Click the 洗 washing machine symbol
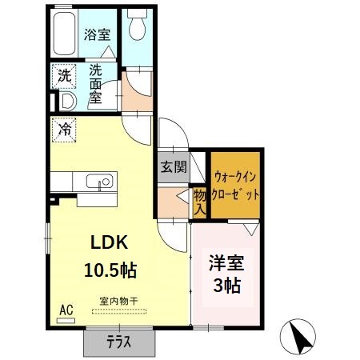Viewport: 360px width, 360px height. pyautogui.click(x=64, y=77)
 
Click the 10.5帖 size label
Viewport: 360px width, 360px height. pyautogui.click(x=110, y=270)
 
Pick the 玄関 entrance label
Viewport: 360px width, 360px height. pyautogui.click(x=174, y=168)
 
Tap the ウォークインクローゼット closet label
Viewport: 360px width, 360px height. pyautogui.click(x=236, y=183)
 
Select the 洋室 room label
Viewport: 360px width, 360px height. pyautogui.click(x=227, y=262)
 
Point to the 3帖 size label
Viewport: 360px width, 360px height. pyautogui.click(x=227, y=286)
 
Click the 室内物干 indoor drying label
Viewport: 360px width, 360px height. pyautogui.click(x=118, y=301)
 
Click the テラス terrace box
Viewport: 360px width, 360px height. pyautogui.click(x=119, y=342)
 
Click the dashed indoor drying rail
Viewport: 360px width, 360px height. pyautogui.click(x=119, y=311)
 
